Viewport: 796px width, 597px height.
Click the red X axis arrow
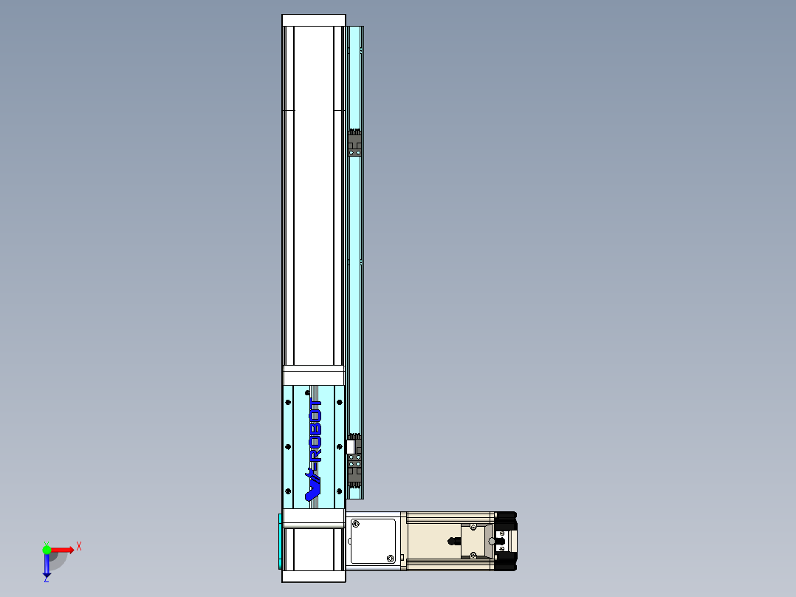63,549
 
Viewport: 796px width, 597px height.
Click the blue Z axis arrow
47,566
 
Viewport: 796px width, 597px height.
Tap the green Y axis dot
47,549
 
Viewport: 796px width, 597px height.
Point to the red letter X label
79,546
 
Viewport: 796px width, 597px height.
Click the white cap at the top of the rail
314,20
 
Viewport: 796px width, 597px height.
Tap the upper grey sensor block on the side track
355,143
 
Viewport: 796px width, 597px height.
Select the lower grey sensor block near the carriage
355,465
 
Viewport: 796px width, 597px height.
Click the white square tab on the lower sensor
350,446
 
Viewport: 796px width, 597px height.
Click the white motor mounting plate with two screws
374,541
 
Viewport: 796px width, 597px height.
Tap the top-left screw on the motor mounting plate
356,524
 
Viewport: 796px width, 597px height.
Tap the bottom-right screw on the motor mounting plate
389,558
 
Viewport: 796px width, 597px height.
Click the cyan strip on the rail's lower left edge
280,541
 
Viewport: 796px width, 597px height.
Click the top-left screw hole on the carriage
287,402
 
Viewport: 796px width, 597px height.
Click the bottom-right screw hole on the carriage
340,491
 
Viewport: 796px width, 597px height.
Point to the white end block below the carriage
314,554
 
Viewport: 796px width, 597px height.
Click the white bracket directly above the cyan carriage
314,375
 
